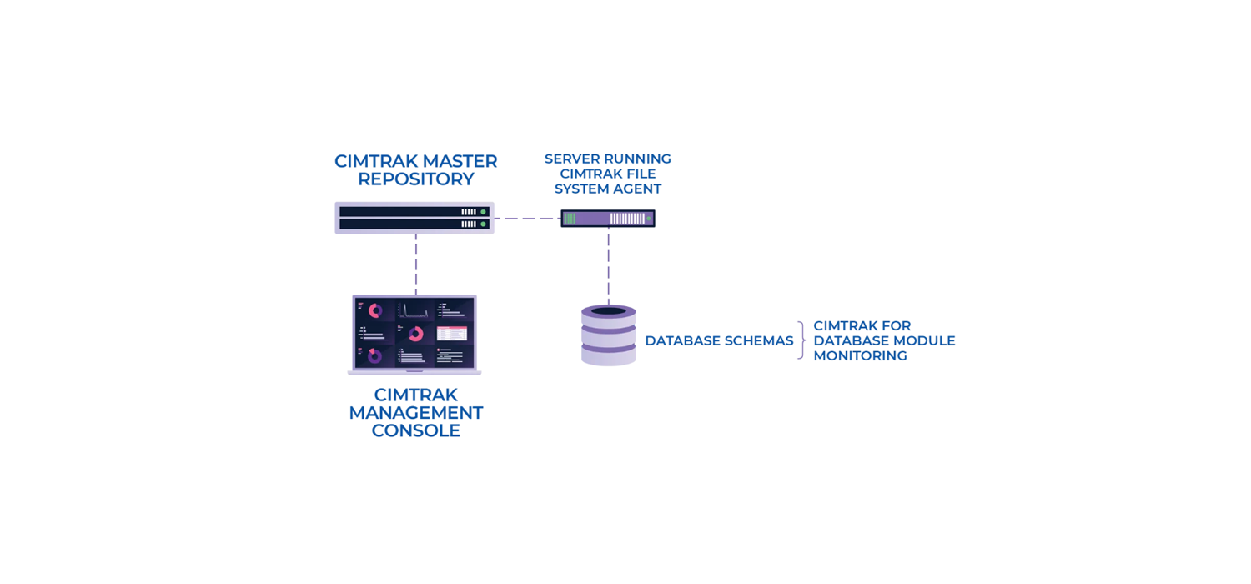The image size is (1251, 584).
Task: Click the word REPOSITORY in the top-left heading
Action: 415,179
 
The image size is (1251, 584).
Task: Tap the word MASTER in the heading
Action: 460,161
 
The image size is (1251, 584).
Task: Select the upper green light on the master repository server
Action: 483,212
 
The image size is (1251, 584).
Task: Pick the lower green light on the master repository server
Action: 483,224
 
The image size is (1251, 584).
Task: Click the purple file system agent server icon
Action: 607,219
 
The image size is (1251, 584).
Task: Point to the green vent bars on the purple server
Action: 570,219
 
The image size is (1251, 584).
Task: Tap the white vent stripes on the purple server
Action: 627,219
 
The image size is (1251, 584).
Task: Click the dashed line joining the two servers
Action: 527,219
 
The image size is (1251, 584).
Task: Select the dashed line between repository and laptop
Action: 416,264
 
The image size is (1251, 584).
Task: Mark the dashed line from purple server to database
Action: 609,265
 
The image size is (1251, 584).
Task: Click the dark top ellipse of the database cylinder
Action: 609,311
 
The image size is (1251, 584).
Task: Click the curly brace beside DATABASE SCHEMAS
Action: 801,340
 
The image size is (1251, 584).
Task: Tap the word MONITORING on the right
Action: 860,356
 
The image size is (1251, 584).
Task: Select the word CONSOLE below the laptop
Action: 415,431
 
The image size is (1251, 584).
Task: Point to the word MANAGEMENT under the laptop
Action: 415,413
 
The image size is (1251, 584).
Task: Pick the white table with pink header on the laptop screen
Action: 452,333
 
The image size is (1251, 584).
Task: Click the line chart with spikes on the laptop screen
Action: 414,310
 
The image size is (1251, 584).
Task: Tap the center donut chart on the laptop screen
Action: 415,334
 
